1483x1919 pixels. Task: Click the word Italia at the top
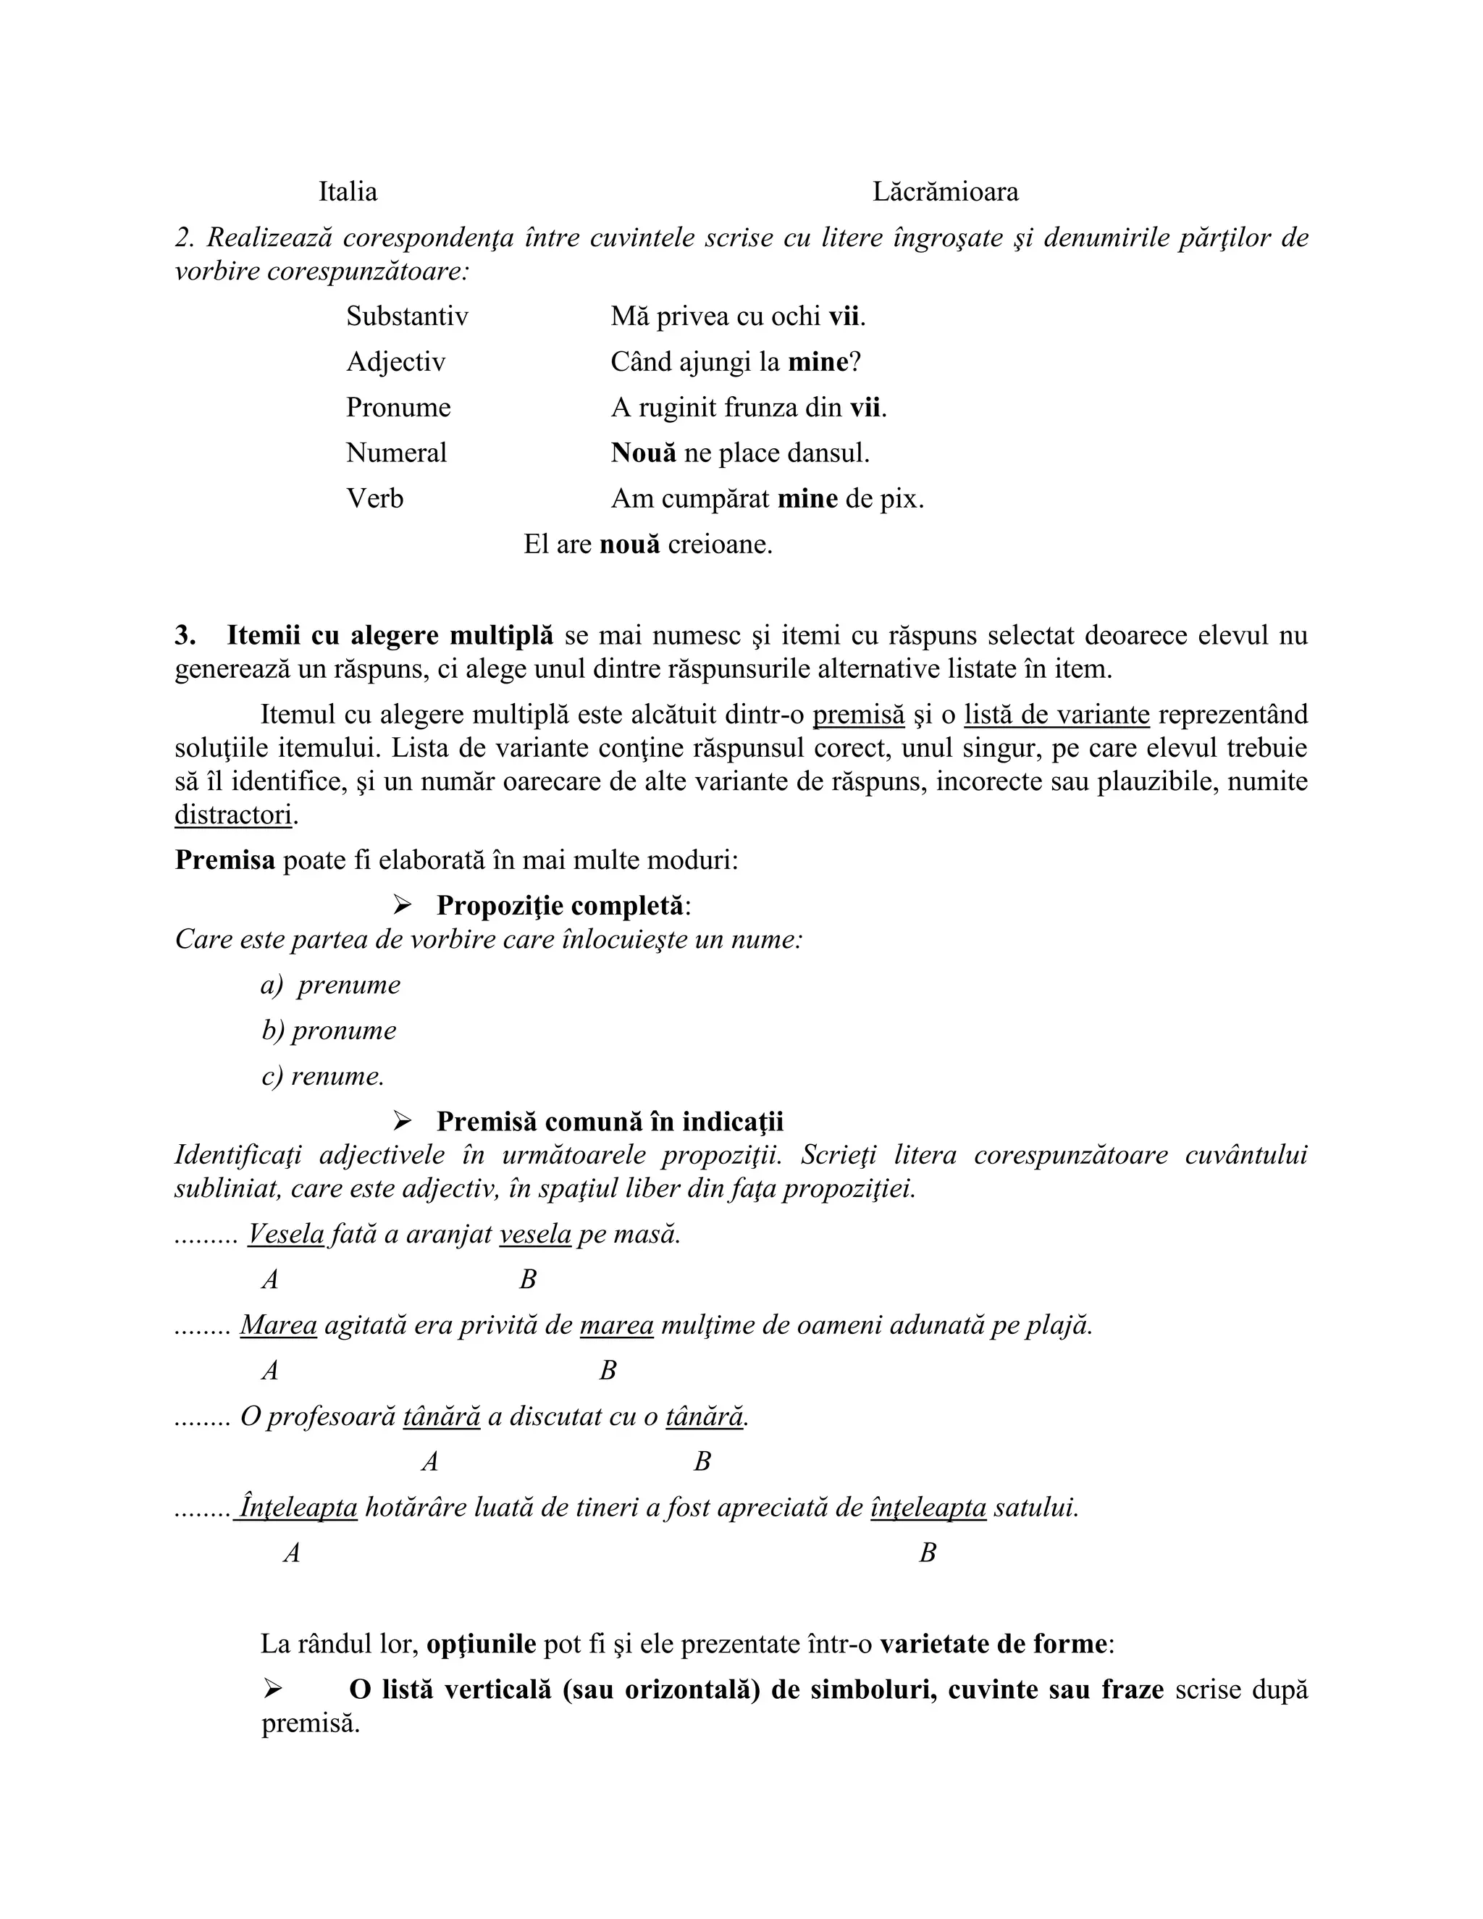point(348,192)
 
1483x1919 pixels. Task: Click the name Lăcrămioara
point(945,192)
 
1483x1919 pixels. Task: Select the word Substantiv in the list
point(407,316)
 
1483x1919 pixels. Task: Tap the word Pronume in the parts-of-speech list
point(398,408)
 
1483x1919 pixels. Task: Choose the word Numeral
point(396,453)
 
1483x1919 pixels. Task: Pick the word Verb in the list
point(375,499)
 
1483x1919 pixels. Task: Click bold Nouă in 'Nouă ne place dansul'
point(644,453)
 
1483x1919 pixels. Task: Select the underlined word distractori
point(233,815)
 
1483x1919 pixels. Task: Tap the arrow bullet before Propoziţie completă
point(403,904)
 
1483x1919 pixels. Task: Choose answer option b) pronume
point(329,1030)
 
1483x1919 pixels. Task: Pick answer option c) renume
point(323,1076)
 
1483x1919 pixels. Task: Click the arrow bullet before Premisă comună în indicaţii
point(403,1121)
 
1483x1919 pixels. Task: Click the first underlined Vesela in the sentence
point(287,1235)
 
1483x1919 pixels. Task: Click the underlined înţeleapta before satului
point(928,1508)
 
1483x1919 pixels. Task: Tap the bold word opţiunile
point(482,1644)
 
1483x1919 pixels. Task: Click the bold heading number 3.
point(185,635)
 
